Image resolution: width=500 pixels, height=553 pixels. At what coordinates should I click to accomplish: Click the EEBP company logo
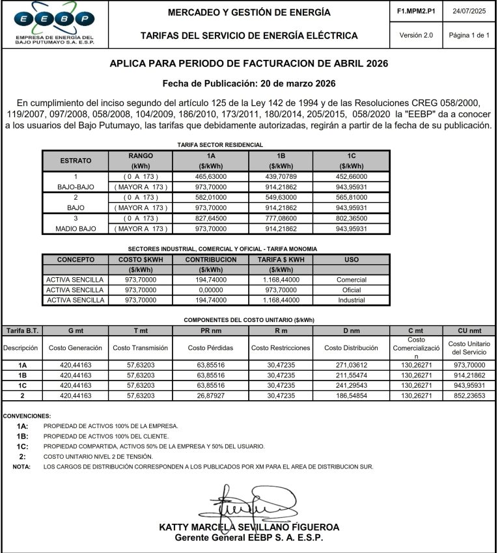55,23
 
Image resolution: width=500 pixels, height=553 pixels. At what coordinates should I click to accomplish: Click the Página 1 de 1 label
469,35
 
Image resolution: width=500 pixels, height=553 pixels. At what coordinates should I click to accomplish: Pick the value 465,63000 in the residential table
210,176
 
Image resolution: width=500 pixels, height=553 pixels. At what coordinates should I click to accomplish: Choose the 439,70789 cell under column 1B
282,176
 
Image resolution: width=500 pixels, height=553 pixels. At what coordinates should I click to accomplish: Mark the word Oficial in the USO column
351,290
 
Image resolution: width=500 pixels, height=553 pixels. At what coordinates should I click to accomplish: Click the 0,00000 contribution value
210,290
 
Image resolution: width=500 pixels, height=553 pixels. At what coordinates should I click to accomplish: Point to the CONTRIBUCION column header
210,259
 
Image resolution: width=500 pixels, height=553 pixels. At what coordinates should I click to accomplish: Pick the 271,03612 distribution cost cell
351,366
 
